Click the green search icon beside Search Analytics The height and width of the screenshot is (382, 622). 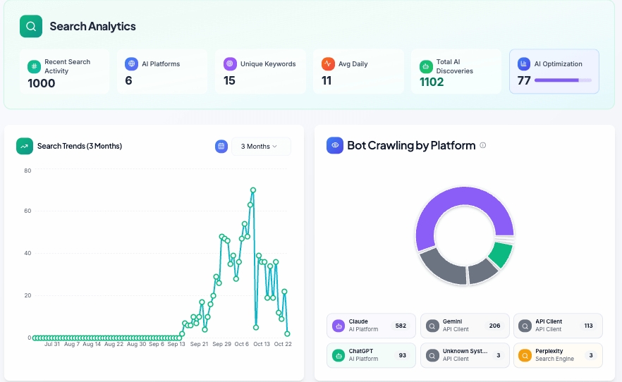tap(31, 27)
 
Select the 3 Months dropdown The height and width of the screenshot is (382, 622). tap(260, 147)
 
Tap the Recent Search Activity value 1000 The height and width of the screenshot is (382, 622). tap(42, 83)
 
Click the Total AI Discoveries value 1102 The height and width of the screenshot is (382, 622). tap(432, 82)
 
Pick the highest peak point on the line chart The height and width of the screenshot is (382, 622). tap(253, 190)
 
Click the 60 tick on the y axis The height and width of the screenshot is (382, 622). tap(28, 211)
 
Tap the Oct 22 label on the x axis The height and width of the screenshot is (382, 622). tap(283, 344)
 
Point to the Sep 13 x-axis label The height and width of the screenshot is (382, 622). tap(176, 344)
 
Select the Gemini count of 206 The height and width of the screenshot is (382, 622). tap(494, 326)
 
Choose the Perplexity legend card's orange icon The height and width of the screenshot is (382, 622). tap(525, 355)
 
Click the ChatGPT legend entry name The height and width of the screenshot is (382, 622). tap(360, 350)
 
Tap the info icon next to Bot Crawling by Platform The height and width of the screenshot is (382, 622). tap(483, 145)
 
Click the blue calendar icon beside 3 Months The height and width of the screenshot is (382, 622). tap(221, 146)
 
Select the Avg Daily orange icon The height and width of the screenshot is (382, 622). tap(328, 63)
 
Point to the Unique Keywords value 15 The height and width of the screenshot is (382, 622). tap(230, 80)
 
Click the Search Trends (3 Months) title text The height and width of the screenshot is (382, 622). tap(80, 146)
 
